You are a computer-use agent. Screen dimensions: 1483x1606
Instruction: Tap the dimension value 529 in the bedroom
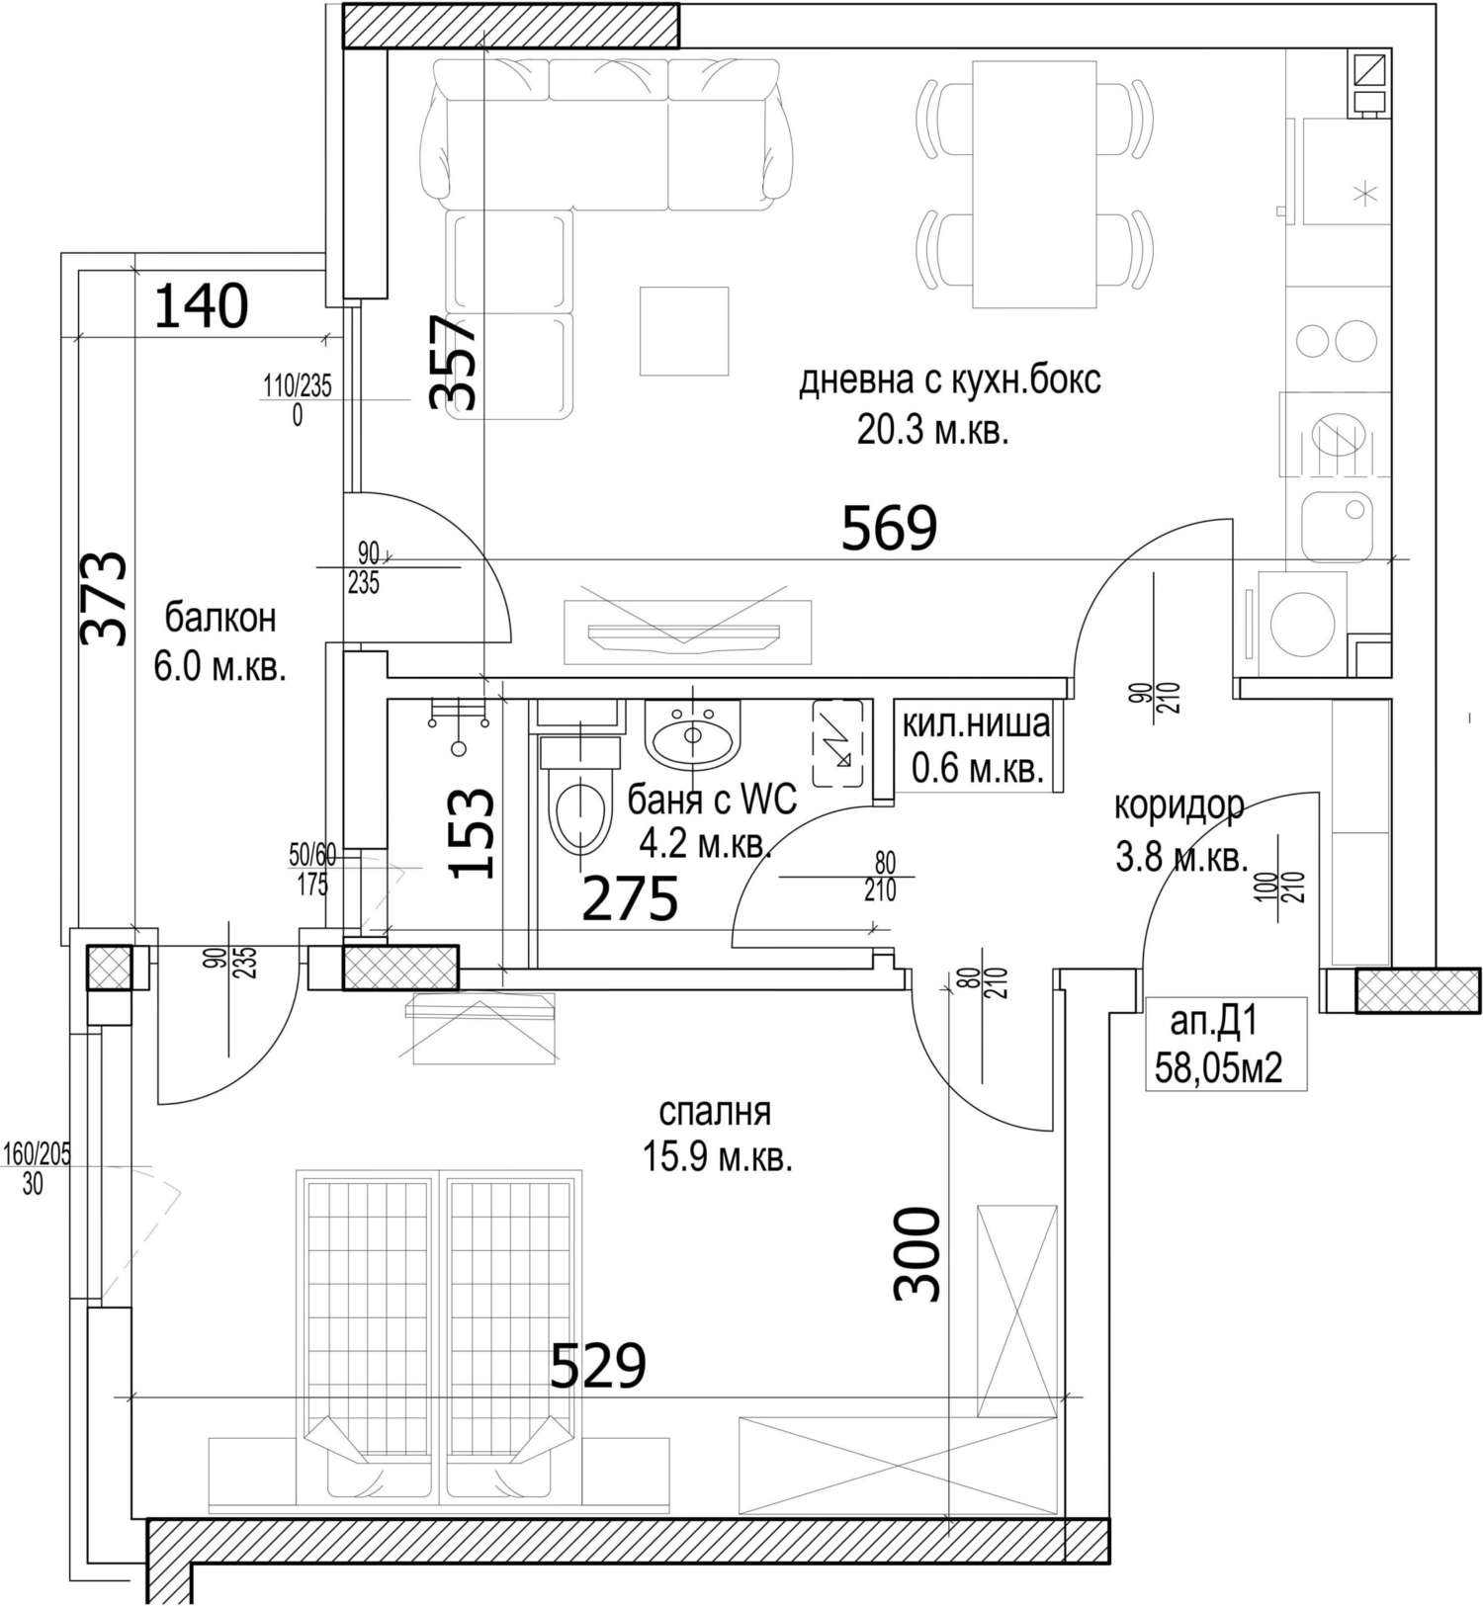coord(597,1366)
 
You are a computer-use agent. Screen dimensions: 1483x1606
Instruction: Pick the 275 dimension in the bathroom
coord(630,898)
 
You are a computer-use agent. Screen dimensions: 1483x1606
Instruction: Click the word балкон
coord(220,619)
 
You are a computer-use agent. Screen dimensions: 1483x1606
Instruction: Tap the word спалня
coord(715,1112)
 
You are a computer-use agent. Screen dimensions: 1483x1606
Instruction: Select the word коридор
coord(1179,806)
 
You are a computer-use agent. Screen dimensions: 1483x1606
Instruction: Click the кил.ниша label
coord(976,723)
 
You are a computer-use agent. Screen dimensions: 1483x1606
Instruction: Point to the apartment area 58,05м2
coord(1219,1068)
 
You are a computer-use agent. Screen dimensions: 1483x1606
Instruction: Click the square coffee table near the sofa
coord(683,331)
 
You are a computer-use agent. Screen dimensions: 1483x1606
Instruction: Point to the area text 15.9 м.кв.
coord(718,1157)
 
